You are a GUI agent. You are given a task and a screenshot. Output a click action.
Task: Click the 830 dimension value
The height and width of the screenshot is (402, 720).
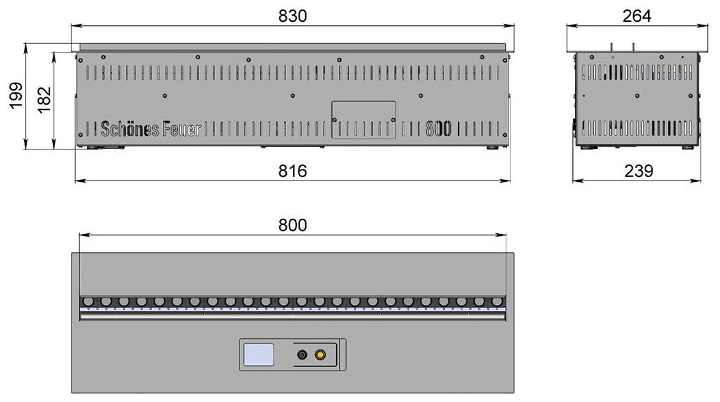(292, 16)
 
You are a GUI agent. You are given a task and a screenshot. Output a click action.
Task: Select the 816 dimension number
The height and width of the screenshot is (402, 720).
(292, 171)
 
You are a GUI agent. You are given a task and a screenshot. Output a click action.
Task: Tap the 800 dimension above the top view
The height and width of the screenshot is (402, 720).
(292, 226)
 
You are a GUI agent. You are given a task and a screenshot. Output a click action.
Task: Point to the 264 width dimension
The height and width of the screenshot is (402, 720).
(637, 16)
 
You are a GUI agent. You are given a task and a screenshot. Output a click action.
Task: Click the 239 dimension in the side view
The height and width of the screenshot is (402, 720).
(639, 171)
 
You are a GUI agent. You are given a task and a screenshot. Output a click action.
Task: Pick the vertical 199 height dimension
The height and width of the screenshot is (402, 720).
(16, 96)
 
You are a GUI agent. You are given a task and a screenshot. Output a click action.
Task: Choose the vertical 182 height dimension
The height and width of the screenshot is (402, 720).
(44, 100)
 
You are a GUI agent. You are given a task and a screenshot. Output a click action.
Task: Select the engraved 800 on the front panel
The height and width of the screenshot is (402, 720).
(438, 129)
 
